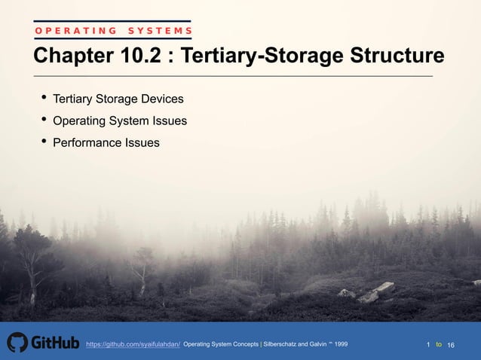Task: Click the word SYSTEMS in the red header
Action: click(x=160, y=31)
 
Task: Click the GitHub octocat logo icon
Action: click(x=17, y=343)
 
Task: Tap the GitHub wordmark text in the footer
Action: click(x=54, y=343)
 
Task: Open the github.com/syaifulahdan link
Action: click(x=133, y=344)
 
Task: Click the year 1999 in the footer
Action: click(x=341, y=344)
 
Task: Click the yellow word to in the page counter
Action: click(x=439, y=344)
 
